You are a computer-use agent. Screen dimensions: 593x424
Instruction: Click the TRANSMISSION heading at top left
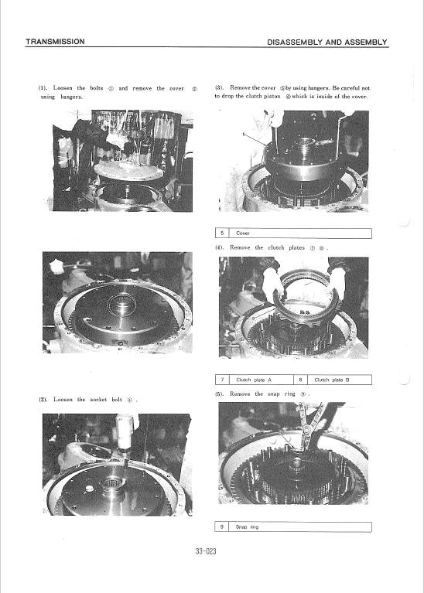(x=55, y=41)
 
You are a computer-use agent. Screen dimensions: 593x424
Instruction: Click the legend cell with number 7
(x=222, y=380)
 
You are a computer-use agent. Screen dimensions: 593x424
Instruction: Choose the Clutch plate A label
(x=253, y=380)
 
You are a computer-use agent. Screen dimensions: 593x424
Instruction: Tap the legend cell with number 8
(x=299, y=380)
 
